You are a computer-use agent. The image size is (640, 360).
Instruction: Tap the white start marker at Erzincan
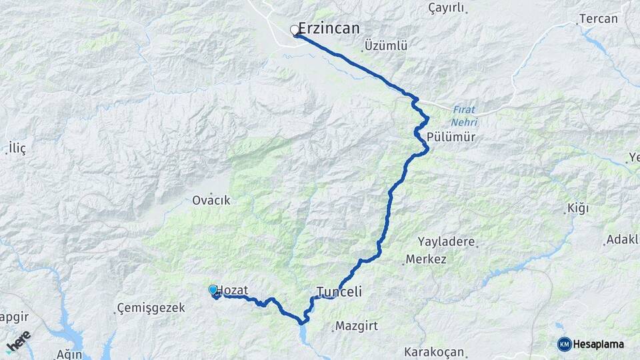[x=294, y=30]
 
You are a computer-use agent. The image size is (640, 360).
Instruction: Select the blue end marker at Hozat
[x=213, y=289]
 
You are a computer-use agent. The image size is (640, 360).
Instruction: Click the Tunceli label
[x=339, y=292]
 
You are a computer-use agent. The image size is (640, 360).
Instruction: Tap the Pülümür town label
[x=453, y=137]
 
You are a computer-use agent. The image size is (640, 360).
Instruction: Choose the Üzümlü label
[x=386, y=46]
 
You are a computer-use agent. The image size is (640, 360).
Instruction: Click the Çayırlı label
[x=446, y=8]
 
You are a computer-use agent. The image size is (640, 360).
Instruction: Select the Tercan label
[x=598, y=19]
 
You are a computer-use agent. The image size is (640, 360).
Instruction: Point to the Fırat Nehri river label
[x=464, y=116]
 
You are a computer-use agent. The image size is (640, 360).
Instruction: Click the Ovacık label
[x=211, y=200]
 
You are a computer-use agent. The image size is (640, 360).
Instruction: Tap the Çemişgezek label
[x=145, y=307]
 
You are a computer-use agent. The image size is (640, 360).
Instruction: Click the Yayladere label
[x=446, y=241]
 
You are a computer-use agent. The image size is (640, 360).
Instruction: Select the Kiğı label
[x=577, y=209]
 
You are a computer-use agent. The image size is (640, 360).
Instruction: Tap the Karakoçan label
[x=434, y=351]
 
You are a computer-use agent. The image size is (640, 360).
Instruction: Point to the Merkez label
[x=427, y=259]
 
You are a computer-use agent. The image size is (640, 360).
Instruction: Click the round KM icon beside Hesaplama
[x=564, y=344]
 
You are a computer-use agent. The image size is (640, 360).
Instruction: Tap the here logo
[x=19, y=342]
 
